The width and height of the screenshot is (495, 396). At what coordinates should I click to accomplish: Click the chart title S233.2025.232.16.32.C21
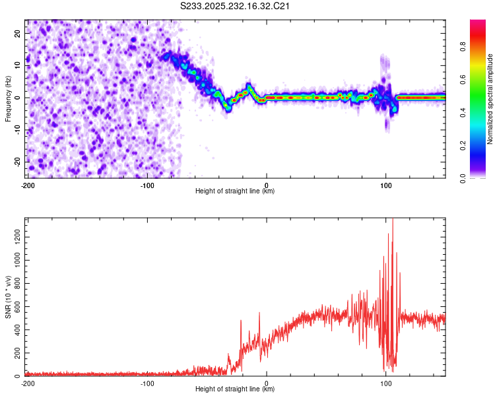point(236,7)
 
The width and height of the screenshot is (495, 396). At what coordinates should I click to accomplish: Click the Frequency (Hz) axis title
point(8,98)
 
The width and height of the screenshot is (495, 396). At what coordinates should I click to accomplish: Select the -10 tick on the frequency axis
point(17,129)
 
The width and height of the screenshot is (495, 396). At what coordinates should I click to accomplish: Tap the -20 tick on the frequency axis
point(17,162)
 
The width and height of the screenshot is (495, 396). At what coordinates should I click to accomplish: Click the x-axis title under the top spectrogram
point(235,191)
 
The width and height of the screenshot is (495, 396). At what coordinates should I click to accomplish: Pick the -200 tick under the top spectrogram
point(27,184)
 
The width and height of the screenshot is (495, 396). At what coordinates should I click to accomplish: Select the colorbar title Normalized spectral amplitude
point(490,98)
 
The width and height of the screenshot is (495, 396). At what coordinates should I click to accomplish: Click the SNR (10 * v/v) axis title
point(8,296)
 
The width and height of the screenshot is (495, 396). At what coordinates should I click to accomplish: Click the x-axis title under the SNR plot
point(235,389)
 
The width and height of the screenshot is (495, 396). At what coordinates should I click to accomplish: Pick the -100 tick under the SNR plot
point(147,383)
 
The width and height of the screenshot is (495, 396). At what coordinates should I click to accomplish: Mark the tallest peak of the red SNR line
point(393,220)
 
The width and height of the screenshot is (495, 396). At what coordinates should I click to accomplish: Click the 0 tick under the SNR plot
point(267,383)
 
